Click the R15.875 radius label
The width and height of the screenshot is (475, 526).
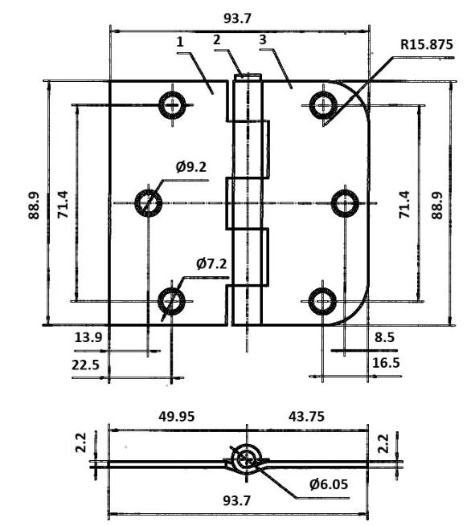[x=426, y=45]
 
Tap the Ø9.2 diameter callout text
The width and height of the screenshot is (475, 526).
[x=191, y=167]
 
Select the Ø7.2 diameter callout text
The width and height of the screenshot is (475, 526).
[x=211, y=264]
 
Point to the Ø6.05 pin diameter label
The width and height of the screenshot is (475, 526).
[x=329, y=484]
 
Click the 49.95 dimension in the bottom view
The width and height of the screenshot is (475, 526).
[x=177, y=417]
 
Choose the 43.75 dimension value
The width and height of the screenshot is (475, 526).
[x=306, y=417]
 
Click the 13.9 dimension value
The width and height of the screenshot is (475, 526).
[x=88, y=337]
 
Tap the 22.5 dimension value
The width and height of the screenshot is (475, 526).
[x=86, y=365]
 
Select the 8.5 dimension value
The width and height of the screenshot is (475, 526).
[x=384, y=337]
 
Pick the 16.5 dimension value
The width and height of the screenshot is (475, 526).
[x=386, y=363]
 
